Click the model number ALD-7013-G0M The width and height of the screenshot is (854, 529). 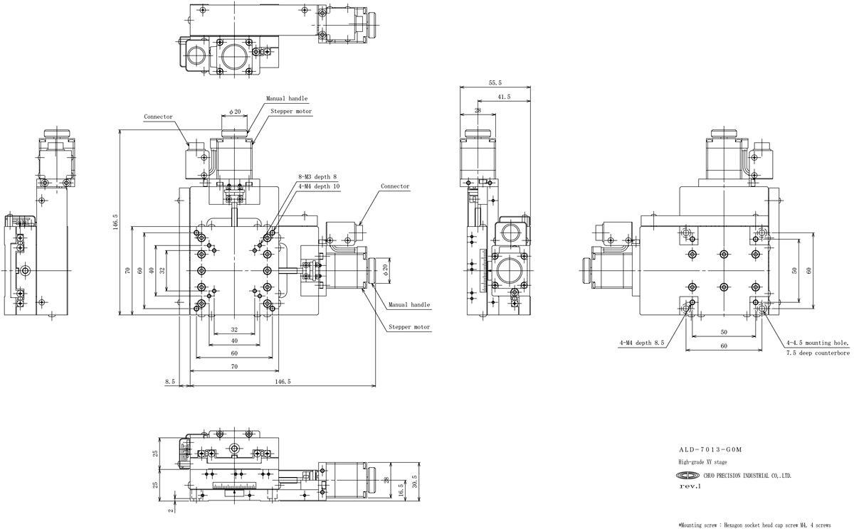[x=710, y=450]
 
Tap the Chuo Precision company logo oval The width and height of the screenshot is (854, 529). [x=688, y=475]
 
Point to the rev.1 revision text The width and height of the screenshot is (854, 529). [x=690, y=486]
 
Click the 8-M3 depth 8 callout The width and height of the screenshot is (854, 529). [x=317, y=177]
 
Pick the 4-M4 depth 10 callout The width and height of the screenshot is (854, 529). [x=319, y=186]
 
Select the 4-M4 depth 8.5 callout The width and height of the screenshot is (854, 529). [x=642, y=343]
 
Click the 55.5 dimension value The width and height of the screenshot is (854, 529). [x=495, y=82]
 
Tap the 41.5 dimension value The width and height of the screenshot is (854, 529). [x=504, y=97]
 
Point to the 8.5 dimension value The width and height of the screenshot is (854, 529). [x=170, y=382]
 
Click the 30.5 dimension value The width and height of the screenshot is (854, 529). [x=415, y=481]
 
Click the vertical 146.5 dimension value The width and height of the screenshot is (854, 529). [x=115, y=222]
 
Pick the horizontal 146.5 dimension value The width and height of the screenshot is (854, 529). [x=283, y=382]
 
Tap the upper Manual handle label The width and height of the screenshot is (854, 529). [x=287, y=98]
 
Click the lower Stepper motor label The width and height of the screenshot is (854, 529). [x=409, y=327]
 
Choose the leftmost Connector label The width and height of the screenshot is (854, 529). [x=158, y=117]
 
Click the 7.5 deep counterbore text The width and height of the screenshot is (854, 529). [x=818, y=353]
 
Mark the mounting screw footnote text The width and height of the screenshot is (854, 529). [x=754, y=525]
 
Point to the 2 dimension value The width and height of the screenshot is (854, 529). [x=171, y=511]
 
